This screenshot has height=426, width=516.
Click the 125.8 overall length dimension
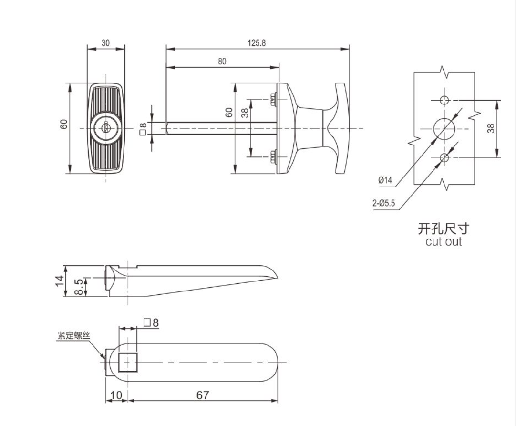tap(257, 43)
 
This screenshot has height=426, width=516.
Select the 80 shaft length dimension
tap(222, 62)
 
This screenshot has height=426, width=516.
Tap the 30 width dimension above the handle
tap(106, 43)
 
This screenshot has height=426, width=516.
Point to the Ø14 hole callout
tap(385, 180)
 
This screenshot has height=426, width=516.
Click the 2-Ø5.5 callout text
tap(384, 203)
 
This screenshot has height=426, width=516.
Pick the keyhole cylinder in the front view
tap(106, 128)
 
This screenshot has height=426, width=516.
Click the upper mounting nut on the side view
tap(273, 99)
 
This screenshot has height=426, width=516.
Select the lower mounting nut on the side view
tap(273, 156)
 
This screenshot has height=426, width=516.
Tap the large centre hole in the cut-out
tap(444, 128)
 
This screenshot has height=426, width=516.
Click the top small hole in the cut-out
tap(444, 100)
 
